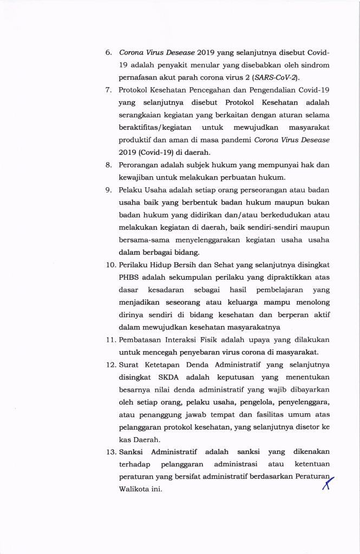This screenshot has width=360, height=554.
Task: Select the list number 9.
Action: point(108,190)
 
